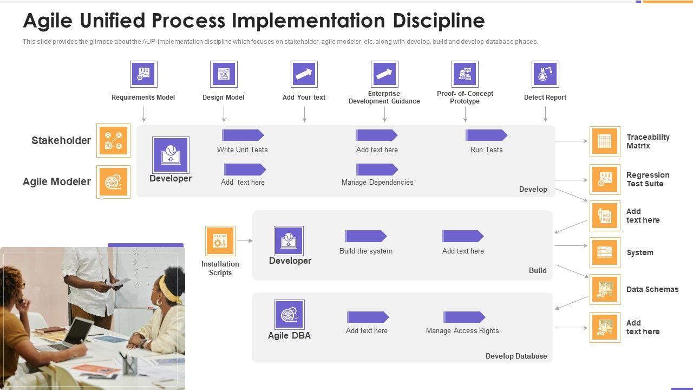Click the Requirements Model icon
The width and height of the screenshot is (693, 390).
(143, 74)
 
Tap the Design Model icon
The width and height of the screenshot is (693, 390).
(224, 74)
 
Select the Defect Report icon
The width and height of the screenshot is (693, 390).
(545, 74)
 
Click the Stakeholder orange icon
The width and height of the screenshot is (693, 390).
(113, 140)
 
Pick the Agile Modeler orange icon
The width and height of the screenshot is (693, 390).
(113, 181)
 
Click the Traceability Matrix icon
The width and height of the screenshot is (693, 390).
(605, 141)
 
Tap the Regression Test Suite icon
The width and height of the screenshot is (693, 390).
(605, 179)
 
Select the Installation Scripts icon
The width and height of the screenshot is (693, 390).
(220, 241)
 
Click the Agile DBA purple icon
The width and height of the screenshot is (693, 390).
(290, 315)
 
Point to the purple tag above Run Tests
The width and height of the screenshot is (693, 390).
(486, 135)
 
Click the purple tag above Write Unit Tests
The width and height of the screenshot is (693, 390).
(243, 135)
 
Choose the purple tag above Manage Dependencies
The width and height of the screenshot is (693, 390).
(377, 170)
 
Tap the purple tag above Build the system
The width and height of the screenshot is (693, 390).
(365, 236)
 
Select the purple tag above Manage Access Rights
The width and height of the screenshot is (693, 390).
(465, 317)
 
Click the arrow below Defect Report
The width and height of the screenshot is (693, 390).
(545, 114)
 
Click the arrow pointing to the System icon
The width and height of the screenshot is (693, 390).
(571, 245)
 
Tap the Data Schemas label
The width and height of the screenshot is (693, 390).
(652, 289)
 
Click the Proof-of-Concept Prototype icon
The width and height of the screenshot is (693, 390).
(465, 74)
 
